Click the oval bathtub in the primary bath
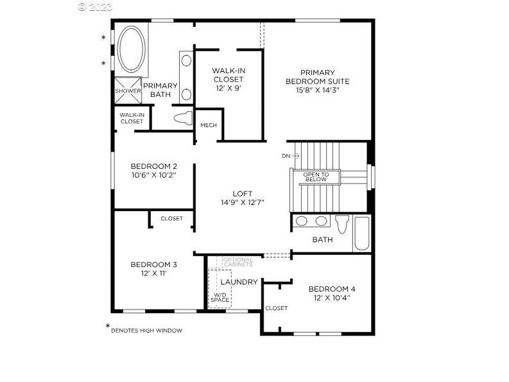click(132, 49)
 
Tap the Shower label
click(128, 91)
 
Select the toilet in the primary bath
click(183, 118)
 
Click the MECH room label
click(209, 125)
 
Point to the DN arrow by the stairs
click(295, 156)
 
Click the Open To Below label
click(316, 177)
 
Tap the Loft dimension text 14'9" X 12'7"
click(243, 202)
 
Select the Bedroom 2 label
click(154, 166)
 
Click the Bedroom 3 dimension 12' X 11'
click(154, 273)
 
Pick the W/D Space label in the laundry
click(220, 297)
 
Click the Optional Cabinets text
click(238, 262)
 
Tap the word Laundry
click(239, 282)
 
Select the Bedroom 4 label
click(332, 289)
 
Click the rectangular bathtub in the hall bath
click(362, 233)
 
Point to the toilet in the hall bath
click(342, 224)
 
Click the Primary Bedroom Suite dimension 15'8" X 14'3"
click(318, 90)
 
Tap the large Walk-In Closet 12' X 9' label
click(229, 79)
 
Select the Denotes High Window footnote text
click(147, 331)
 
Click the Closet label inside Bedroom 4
click(276, 308)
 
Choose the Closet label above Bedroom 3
click(172, 219)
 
